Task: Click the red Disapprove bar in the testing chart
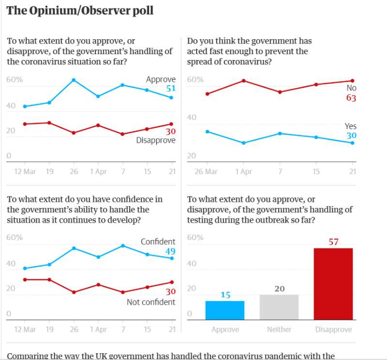pyautogui.click(x=333, y=284)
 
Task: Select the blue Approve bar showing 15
pyautogui.click(x=225, y=310)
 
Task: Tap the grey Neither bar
pyautogui.click(x=279, y=307)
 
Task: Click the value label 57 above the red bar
pyautogui.click(x=333, y=241)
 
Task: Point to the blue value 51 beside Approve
pyautogui.click(x=171, y=88)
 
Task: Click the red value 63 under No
pyautogui.click(x=351, y=98)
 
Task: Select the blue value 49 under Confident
pyautogui.click(x=170, y=251)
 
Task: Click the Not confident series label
pyautogui.click(x=151, y=302)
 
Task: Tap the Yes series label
pyautogui.click(x=351, y=126)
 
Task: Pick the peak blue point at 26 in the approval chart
pyautogui.click(x=74, y=80)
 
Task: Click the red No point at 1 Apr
pyautogui.click(x=244, y=81)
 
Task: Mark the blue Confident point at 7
pyautogui.click(x=123, y=246)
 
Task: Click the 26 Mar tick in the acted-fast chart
pyautogui.click(x=206, y=171)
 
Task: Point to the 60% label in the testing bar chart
pyautogui.click(x=195, y=238)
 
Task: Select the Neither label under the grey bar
pyautogui.click(x=279, y=329)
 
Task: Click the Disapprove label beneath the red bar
pyautogui.click(x=333, y=329)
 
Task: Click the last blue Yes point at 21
pyautogui.click(x=352, y=143)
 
